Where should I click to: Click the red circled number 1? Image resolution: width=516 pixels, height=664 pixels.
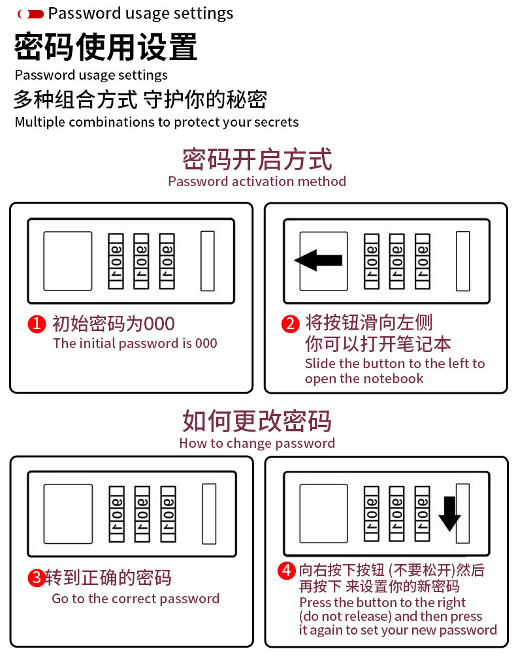point(37,324)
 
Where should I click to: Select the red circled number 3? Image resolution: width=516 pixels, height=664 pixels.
point(37,578)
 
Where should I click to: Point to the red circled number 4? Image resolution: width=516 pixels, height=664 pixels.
point(286,571)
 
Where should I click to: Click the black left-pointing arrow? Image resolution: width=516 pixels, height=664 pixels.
point(319,261)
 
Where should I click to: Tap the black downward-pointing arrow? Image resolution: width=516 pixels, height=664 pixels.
point(449,513)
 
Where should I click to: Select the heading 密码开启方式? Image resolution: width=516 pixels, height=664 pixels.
point(257,159)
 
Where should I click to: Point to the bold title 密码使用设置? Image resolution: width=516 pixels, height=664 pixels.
point(106,47)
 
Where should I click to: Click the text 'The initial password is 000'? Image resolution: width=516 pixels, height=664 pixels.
point(135,343)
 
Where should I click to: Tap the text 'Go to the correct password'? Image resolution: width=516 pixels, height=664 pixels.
point(136,599)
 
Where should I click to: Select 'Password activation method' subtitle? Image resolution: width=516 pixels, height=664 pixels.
point(257,182)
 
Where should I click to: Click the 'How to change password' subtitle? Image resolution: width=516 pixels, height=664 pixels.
point(257,443)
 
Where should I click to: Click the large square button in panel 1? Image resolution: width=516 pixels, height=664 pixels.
point(68,261)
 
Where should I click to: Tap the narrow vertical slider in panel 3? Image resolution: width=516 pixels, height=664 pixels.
point(209,514)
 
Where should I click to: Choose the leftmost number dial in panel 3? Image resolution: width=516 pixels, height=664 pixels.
point(116,514)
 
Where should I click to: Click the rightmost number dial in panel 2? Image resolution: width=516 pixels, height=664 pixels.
point(423,261)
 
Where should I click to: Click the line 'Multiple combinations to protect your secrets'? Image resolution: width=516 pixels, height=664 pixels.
point(157,122)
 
